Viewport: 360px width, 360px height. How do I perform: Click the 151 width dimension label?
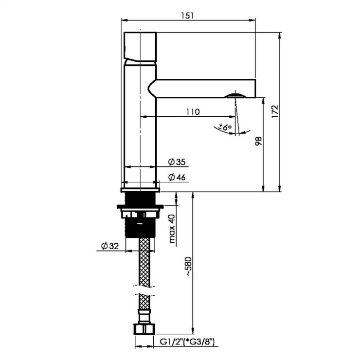pos(187,16)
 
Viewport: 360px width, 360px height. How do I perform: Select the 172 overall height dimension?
pos(274,111)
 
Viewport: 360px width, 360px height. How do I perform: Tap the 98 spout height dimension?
pos(258,141)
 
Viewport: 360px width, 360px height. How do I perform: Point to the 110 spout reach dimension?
pos(193,112)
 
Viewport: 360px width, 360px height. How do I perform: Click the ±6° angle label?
pos(225,127)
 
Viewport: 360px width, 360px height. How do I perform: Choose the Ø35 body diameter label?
pos(177,162)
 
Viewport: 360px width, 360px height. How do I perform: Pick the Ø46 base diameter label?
pos(177,177)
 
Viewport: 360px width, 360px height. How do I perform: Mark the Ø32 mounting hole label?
pos(110,246)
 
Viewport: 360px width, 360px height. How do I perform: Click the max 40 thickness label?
pos(172,229)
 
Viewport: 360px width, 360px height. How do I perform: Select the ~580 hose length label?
pos(188,266)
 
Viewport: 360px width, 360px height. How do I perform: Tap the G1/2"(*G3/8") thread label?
pos(187,342)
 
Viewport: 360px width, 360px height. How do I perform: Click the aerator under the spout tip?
pos(235,95)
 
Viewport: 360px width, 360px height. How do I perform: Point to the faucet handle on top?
pos(140,47)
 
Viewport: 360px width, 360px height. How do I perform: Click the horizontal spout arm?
pos(202,89)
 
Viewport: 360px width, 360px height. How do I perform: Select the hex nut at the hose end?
pos(144,329)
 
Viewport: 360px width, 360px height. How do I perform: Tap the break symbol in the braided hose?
pos(144,290)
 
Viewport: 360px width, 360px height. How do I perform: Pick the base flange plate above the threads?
pos(140,190)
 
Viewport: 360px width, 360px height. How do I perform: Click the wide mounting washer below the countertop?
pos(140,207)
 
